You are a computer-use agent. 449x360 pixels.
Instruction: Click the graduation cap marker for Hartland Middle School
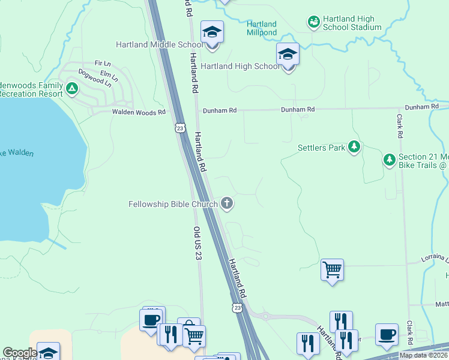point(212,32)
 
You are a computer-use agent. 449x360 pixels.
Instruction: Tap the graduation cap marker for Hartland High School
point(288,55)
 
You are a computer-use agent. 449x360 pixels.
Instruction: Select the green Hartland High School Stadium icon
point(313,22)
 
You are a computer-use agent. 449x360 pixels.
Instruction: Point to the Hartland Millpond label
point(262,28)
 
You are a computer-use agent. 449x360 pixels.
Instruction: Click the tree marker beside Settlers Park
point(354,146)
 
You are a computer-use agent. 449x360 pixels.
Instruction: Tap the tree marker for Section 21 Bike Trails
point(390,160)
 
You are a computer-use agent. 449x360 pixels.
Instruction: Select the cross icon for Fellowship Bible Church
point(227,203)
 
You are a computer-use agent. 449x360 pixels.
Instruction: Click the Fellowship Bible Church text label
point(173,204)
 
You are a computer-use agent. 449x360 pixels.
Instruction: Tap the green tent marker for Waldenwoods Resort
point(72,89)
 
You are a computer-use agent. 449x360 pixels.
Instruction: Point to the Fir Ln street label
point(103,63)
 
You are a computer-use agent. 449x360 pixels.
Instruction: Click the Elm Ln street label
point(108,74)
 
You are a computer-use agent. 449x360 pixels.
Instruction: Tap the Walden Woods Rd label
point(138,112)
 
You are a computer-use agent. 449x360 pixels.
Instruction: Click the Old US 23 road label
point(196,243)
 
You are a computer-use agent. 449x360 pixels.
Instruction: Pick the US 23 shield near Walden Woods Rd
point(179,127)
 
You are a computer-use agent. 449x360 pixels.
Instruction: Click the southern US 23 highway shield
point(237,307)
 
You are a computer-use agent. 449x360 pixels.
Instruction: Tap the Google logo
point(20,353)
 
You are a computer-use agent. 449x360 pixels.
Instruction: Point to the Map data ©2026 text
point(423,355)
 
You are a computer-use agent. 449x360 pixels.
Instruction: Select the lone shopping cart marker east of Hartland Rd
point(332,270)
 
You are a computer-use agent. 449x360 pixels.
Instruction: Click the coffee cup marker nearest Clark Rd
point(387,334)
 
